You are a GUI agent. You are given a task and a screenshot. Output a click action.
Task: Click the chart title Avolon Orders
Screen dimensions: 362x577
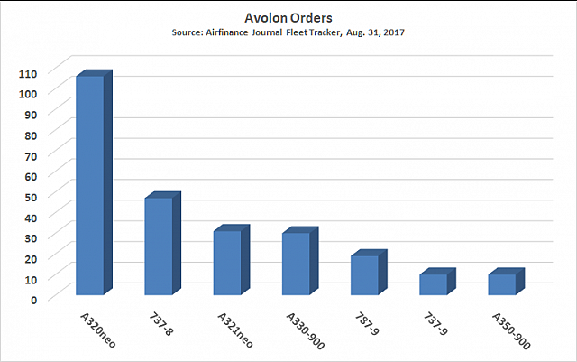(x=288, y=17)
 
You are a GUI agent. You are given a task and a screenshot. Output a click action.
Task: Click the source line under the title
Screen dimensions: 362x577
(x=288, y=32)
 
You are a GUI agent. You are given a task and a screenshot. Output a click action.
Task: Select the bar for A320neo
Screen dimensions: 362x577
(x=89, y=185)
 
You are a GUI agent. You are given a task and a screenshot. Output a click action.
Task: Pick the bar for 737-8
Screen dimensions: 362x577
(x=158, y=246)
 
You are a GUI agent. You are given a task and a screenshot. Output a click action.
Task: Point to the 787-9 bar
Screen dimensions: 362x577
(x=364, y=274)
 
